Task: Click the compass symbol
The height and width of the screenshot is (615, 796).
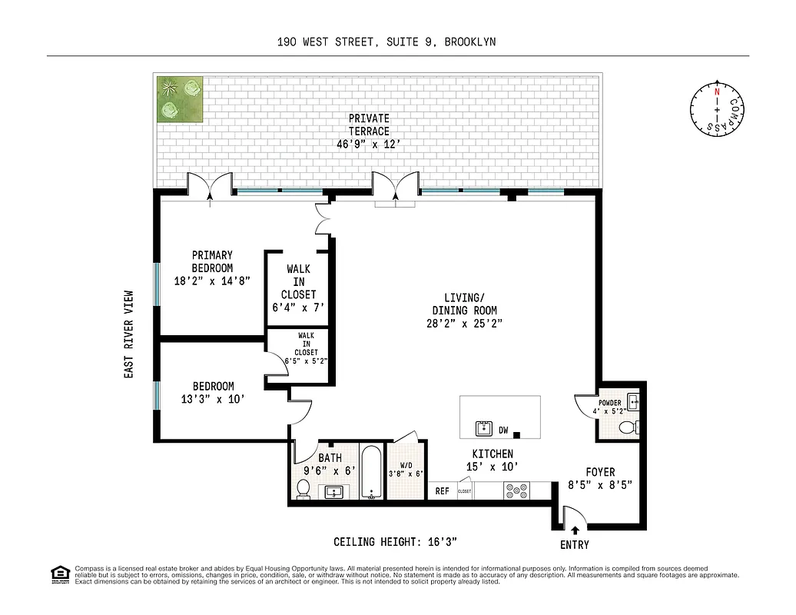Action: pyautogui.click(x=717, y=110)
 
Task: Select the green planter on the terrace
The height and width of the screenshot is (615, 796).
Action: pyautogui.click(x=180, y=99)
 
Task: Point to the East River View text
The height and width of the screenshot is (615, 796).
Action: pyautogui.click(x=129, y=334)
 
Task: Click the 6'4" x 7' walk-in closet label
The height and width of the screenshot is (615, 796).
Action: pyautogui.click(x=298, y=288)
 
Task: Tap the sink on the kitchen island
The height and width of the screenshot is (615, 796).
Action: pyautogui.click(x=483, y=427)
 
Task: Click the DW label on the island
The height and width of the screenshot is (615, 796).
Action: pyautogui.click(x=504, y=430)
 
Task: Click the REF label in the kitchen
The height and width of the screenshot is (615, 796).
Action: pyautogui.click(x=443, y=490)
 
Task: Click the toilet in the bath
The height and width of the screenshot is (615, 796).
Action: pyautogui.click(x=303, y=489)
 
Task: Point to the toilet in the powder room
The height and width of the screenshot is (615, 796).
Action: pyautogui.click(x=628, y=427)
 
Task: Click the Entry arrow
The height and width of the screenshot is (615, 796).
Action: pyautogui.click(x=575, y=530)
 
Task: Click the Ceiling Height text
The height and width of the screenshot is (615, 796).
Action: pyautogui.click(x=396, y=542)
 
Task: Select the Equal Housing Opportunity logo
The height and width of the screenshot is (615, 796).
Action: pyautogui.click(x=58, y=573)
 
